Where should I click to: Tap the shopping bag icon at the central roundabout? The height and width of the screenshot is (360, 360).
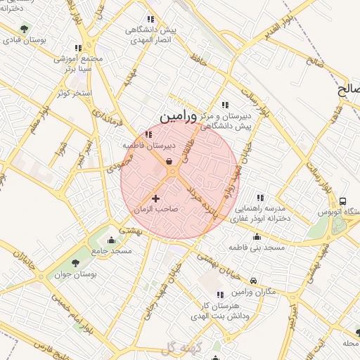(171, 162)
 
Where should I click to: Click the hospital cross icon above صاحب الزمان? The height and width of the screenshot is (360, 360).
(156, 199)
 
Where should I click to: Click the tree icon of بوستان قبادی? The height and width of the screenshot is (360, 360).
(25, 29)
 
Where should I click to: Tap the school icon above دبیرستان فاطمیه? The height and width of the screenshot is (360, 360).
(148, 134)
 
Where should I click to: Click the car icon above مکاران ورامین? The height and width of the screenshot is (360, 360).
(254, 281)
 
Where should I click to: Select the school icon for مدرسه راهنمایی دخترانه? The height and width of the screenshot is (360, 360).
(259, 198)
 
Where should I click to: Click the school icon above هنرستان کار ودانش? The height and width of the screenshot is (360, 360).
(219, 295)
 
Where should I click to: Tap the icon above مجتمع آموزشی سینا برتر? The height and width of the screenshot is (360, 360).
(77, 49)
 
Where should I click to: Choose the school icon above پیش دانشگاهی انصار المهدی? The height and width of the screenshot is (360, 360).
(150, 19)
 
